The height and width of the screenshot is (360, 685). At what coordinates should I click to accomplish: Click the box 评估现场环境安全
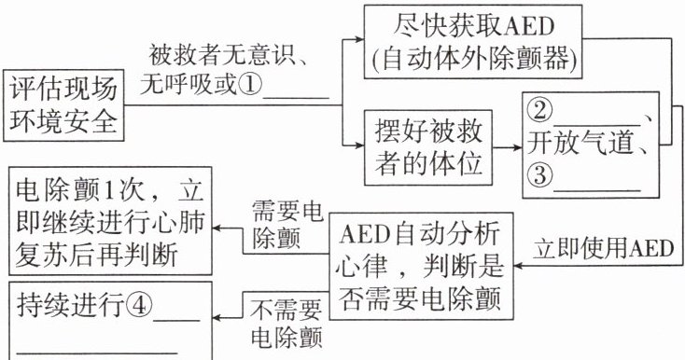click(x=63, y=105)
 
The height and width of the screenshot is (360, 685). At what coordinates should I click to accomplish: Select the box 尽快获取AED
click(x=473, y=42)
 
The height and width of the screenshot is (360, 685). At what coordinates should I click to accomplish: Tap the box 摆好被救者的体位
click(x=428, y=147)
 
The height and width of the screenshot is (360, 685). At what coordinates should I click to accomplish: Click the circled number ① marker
click(x=250, y=84)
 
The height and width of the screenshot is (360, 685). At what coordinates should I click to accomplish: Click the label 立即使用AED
click(x=603, y=249)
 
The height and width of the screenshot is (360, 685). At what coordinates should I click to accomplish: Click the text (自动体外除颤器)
click(x=473, y=58)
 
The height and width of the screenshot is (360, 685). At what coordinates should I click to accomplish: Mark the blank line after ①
click(x=296, y=98)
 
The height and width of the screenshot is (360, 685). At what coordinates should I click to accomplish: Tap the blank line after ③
click(x=596, y=190)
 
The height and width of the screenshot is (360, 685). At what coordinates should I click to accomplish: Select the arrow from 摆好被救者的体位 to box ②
click(x=508, y=147)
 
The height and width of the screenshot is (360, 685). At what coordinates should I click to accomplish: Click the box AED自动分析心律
click(x=420, y=266)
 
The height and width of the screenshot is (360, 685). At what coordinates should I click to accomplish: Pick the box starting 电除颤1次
click(x=110, y=222)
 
